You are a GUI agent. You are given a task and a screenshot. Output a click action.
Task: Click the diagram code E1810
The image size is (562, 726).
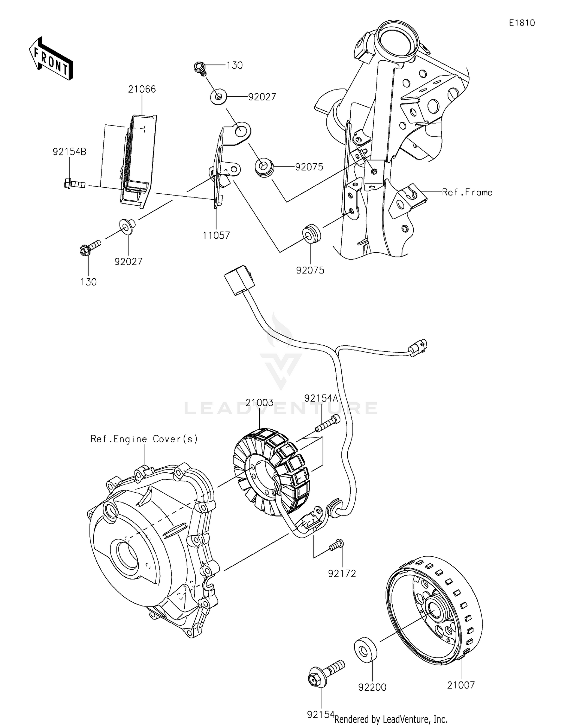click(522, 23)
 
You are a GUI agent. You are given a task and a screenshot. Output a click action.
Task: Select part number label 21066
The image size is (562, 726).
click(142, 89)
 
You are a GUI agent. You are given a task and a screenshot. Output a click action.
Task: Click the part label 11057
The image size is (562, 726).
click(216, 236)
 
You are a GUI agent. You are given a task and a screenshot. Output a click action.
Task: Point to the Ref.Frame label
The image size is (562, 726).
click(467, 192)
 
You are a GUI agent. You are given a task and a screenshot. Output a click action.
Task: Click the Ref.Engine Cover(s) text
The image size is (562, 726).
click(144, 439)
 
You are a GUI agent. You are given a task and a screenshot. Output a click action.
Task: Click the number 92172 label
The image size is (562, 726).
click(342, 573)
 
